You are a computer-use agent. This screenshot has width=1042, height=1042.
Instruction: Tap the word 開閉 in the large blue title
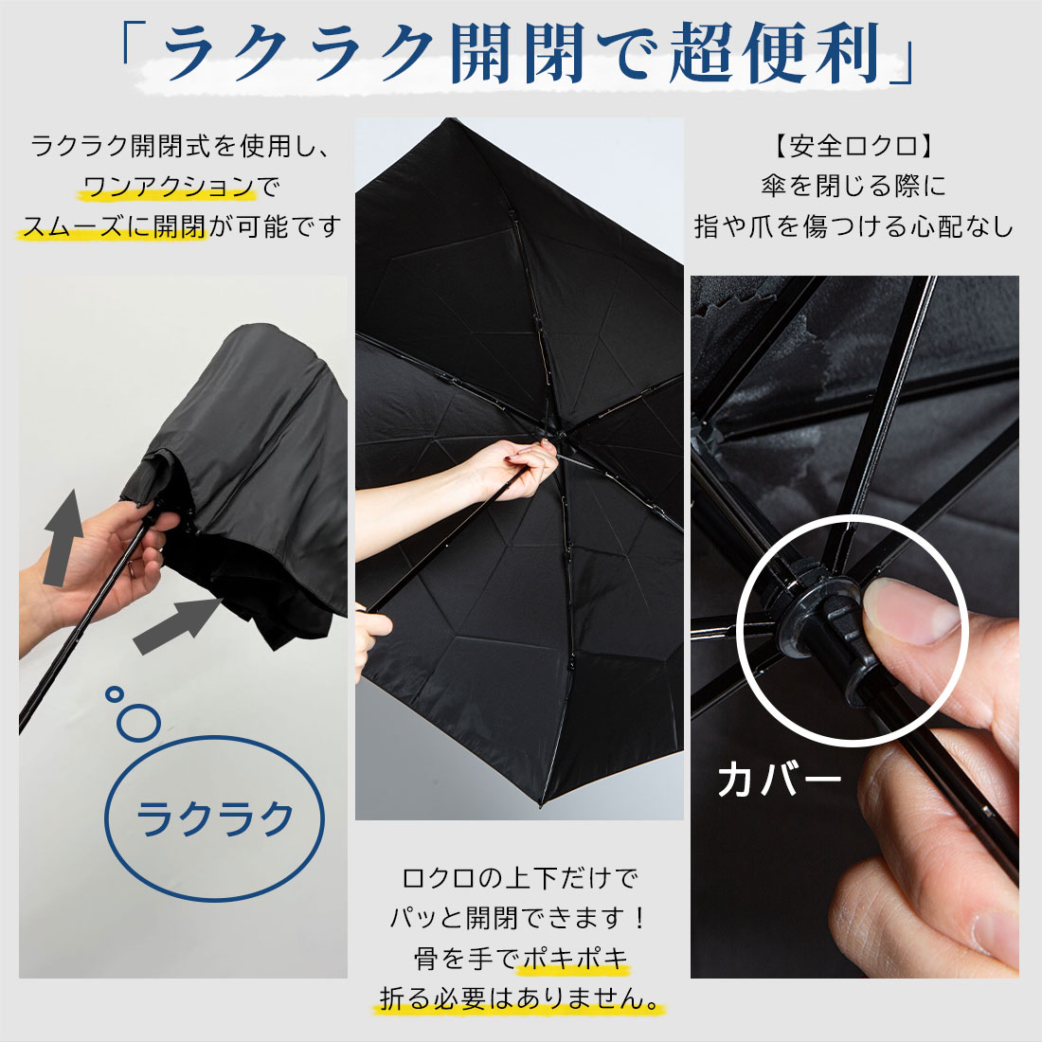[518, 52]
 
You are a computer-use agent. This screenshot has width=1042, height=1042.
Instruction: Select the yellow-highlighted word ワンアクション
[168, 187]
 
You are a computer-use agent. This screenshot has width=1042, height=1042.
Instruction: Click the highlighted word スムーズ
[72, 226]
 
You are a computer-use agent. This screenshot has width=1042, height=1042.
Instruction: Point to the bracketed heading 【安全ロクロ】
[854, 146]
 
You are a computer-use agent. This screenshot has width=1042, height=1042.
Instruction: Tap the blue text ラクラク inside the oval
[214, 818]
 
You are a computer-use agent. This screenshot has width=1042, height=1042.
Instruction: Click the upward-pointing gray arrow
[63, 537]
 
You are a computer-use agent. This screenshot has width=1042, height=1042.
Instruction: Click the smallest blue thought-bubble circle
[115, 694]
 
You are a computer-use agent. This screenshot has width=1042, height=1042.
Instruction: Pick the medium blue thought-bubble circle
[138, 723]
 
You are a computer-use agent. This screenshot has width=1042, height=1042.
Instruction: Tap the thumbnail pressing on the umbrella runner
[916, 609]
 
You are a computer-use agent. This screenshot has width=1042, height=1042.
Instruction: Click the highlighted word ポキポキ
[576, 959]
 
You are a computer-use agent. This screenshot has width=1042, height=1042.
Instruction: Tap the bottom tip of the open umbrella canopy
[540, 805]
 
